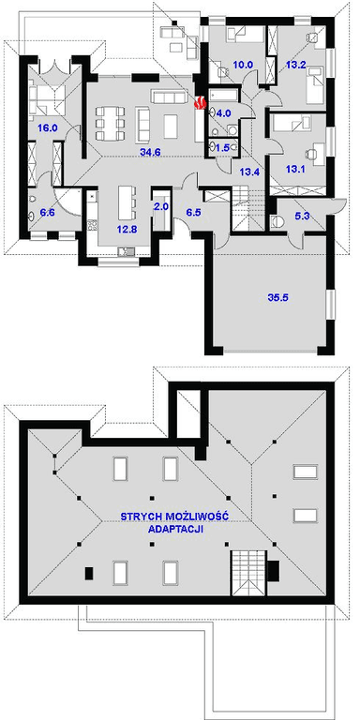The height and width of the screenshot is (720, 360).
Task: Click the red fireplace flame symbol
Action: [x=199, y=103]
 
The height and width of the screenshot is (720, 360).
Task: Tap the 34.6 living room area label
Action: [x=150, y=153]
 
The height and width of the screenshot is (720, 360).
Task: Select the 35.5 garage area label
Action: [x=277, y=297]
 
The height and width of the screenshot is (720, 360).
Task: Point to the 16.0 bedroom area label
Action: [x=47, y=128]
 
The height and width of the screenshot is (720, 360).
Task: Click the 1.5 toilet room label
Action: [x=222, y=147]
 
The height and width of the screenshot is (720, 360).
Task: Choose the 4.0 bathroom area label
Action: [x=224, y=112]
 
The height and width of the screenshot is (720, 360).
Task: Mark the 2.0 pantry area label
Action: [x=161, y=206]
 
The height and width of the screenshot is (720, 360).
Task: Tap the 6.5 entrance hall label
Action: [x=193, y=213]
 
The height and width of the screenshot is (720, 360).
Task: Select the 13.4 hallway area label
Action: [x=250, y=172]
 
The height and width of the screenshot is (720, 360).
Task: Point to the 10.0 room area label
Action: [x=243, y=65]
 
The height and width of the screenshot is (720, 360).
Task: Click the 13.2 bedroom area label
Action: [x=295, y=65]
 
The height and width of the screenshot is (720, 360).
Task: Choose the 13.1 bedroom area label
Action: [x=295, y=170]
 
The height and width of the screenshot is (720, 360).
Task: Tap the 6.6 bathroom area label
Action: [x=47, y=213]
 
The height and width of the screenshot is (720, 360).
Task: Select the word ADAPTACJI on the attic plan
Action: [x=176, y=529]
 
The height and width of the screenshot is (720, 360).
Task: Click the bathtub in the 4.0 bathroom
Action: [x=225, y=96]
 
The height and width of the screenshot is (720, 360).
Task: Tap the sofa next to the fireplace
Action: [x=168, y=97]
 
